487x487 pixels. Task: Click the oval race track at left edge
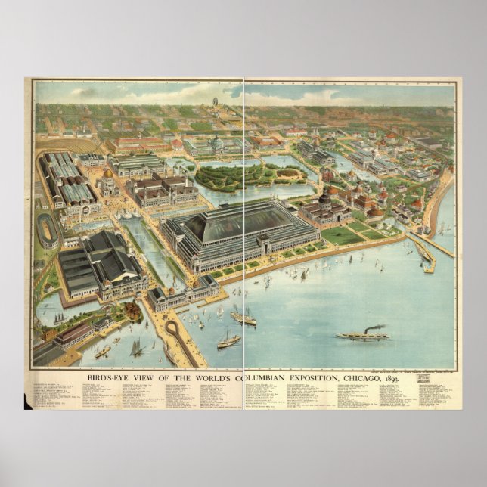(x=49, y=230)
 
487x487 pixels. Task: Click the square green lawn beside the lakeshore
(x=342, y=235)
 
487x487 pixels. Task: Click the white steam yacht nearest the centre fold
(x=228, y=340)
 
